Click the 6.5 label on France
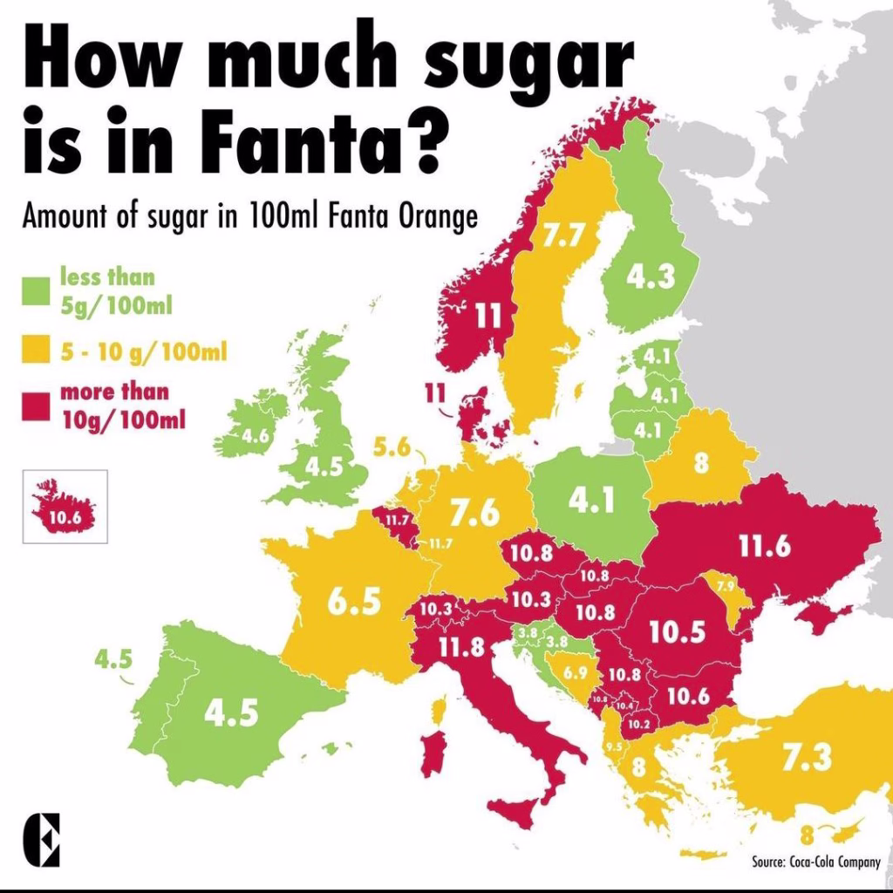354,601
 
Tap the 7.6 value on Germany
475,514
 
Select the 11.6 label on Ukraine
764,546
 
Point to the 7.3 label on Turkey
806,757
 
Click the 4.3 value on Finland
651,277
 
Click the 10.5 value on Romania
677,631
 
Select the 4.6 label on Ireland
255,436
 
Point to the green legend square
35,290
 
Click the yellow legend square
35,352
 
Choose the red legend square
35,406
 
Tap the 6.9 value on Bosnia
575,672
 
